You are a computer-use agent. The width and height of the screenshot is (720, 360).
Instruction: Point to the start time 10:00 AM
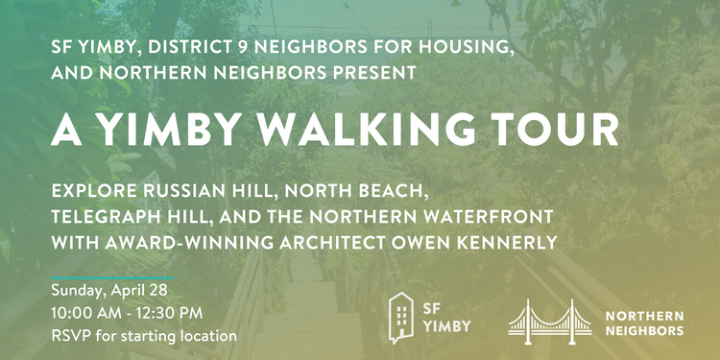86,314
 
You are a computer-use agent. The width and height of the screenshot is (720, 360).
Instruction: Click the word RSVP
71,336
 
